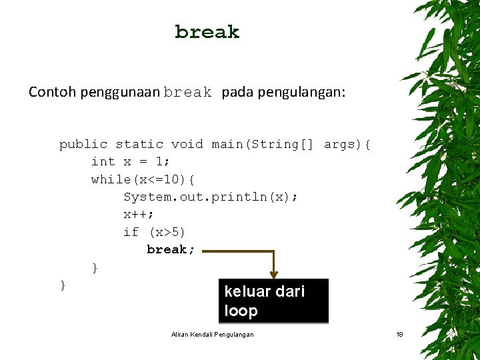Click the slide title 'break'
207,32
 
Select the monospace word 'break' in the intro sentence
187,93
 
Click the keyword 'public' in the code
83,144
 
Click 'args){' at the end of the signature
347,144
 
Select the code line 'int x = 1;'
131,161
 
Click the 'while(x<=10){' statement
143,179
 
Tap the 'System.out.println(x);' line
211,197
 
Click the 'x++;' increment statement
139,214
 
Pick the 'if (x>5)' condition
155,232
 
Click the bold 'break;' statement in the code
171,249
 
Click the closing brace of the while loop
95,267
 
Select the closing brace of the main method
63,285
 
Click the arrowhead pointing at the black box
274,274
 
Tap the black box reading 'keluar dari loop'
274,301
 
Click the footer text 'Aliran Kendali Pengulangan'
212,334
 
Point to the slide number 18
399,334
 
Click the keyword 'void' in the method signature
187,144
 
